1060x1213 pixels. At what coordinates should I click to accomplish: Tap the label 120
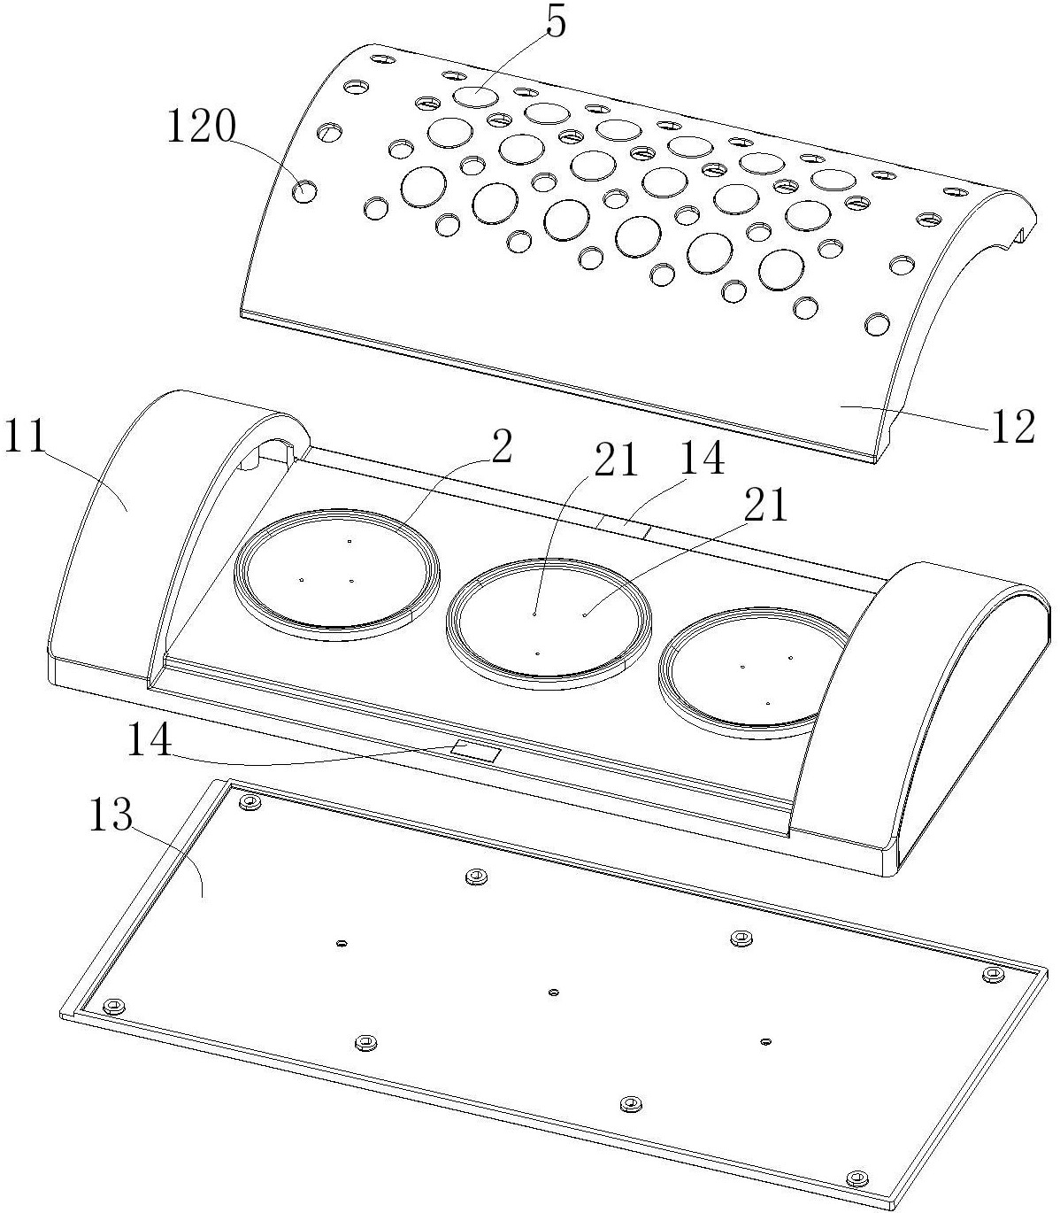202,127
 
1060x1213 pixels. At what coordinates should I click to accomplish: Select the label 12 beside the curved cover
1012,426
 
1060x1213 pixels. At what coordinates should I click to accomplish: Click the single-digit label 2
501,448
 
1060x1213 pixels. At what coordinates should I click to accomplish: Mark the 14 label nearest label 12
702,459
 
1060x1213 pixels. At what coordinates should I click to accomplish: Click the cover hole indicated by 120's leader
304,191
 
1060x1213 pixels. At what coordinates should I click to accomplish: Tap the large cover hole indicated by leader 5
475,97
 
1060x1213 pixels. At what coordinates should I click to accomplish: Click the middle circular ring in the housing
549,623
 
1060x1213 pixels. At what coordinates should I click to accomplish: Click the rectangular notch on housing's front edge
476,751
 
